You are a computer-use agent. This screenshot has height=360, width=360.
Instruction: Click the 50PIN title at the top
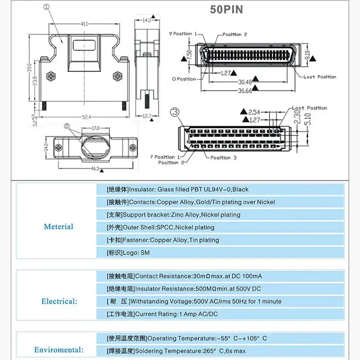pos(226,9)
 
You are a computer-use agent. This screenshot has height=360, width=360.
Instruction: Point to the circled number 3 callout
pos(175,112)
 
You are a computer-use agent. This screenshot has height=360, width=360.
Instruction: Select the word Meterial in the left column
pos(58,226)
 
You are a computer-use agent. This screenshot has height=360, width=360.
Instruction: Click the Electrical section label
pos(59,301)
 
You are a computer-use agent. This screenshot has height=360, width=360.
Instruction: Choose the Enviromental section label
pos(58,350)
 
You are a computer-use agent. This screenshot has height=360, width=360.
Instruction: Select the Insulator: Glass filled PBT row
pos(177,189)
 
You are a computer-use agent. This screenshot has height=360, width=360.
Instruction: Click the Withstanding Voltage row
pos(194,301)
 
